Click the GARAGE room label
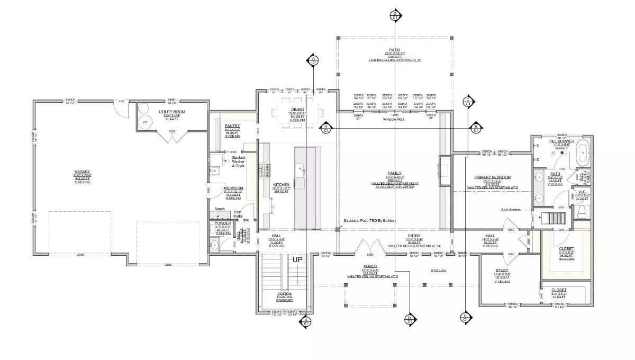82,172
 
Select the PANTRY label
232,126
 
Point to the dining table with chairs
297,112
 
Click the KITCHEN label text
280,184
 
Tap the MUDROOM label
234,188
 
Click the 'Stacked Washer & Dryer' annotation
238,161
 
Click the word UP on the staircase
297,260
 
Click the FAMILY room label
394,173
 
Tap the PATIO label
394,49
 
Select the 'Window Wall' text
394,120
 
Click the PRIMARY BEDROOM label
492,178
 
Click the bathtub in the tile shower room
582,152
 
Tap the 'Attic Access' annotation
512,210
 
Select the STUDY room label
502,270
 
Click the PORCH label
369,266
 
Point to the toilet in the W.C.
582,212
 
